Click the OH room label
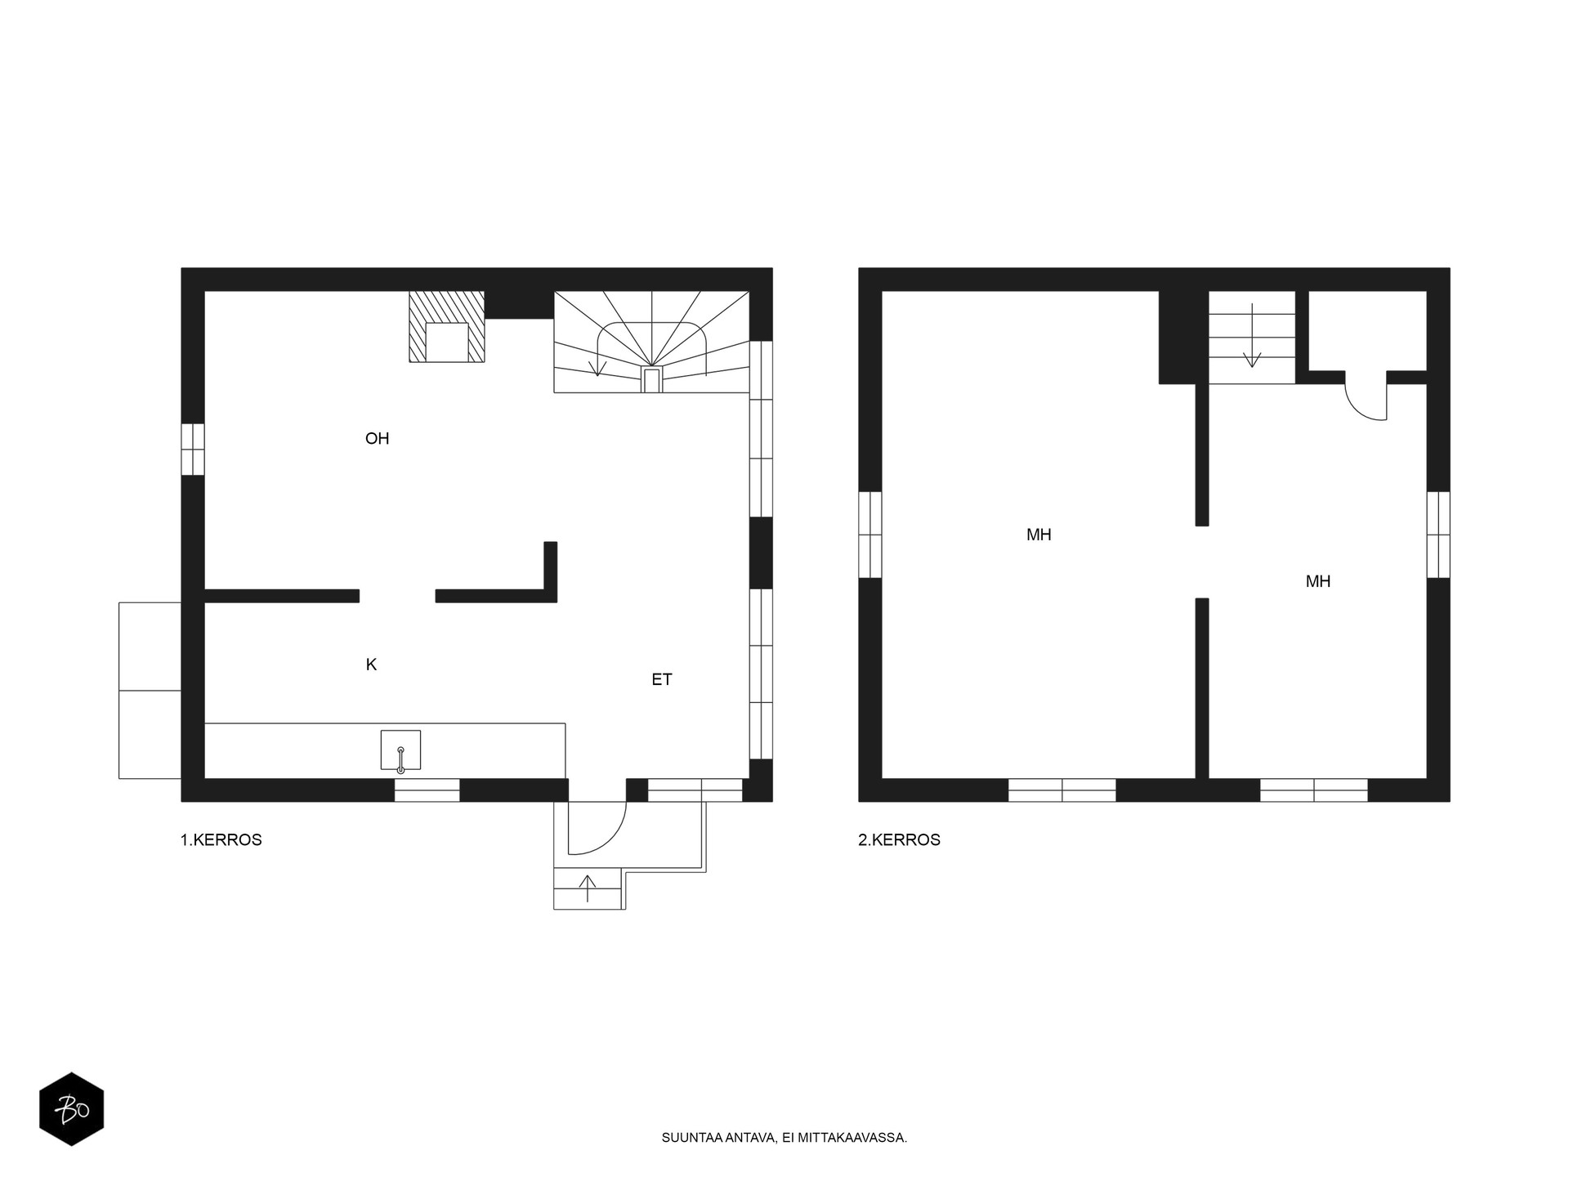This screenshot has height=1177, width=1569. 377,439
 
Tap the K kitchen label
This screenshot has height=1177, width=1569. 371,665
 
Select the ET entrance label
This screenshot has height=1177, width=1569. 662,679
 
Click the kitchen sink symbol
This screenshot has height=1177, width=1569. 400,750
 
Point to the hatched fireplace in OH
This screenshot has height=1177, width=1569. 446,326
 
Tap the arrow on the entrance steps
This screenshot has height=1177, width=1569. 588,888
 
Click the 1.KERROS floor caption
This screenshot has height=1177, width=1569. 221,840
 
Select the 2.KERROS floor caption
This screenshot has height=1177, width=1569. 899,840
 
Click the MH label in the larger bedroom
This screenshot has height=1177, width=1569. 1039,535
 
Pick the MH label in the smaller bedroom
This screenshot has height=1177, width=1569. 1318,582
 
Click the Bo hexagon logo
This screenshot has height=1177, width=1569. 72,1108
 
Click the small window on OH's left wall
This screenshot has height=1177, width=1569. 193,449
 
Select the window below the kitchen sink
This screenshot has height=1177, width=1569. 427,790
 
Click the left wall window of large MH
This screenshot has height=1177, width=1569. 870,535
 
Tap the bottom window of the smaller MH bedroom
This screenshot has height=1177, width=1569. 1314,790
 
